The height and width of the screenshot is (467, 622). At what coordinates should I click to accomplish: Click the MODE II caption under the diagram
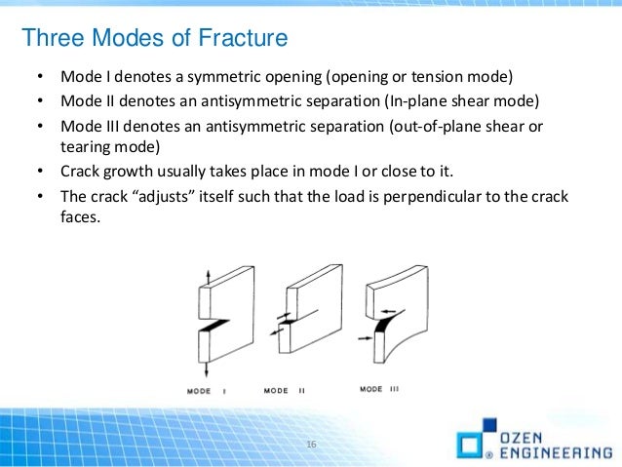285,391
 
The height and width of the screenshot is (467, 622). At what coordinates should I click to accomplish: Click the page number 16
312,446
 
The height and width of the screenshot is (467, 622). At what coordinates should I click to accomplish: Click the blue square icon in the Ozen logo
470,445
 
